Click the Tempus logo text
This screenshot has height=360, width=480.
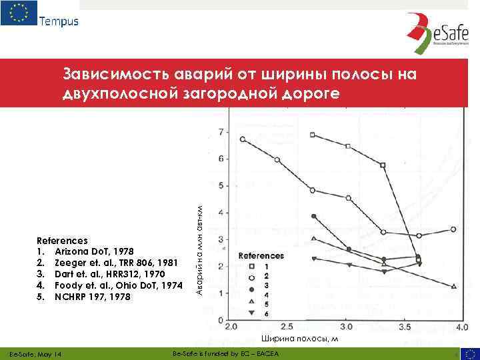[59, 21]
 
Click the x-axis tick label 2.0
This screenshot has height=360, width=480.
[232, 328]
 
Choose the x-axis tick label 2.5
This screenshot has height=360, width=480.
[289, 328]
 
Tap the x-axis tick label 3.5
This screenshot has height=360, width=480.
[404, 328]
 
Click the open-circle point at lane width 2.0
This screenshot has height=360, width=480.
[243, 139]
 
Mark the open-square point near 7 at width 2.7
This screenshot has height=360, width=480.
[313, 135]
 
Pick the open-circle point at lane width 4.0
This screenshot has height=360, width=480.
[453, 229]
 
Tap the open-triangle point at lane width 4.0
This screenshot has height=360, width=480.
[453, 286]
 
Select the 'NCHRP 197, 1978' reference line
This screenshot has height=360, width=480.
[91, 297]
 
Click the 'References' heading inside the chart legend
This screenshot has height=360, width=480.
[261, 255]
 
